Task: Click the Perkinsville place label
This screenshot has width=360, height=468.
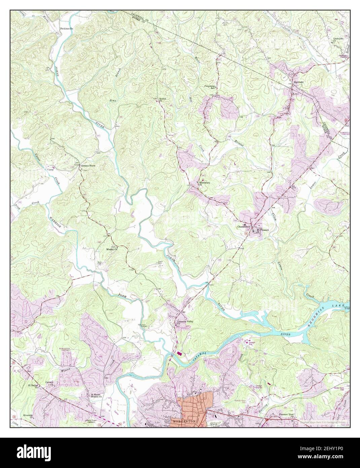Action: click(66, 29)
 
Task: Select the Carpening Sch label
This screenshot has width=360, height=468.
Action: click(210, 87)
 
